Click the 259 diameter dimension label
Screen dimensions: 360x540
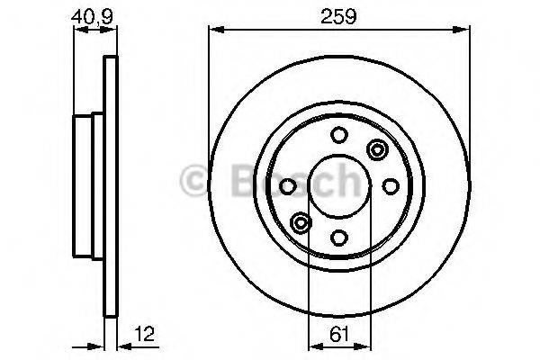[338, 15]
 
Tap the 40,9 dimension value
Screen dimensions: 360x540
[86, 15]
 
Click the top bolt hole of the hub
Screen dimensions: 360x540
[338, 135]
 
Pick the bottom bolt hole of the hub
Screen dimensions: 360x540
[338, 237]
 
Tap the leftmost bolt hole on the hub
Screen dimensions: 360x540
[287, 186]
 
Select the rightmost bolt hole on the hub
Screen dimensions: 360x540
[390, 186]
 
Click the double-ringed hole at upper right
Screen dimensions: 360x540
[375, 149]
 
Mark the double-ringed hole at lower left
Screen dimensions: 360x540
[301, 222]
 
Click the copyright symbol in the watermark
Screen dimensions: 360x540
[197, 180]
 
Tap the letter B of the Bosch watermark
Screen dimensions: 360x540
[236, 180]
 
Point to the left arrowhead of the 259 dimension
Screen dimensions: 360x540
[213, 30]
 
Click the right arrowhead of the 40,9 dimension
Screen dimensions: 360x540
[113, 29]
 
